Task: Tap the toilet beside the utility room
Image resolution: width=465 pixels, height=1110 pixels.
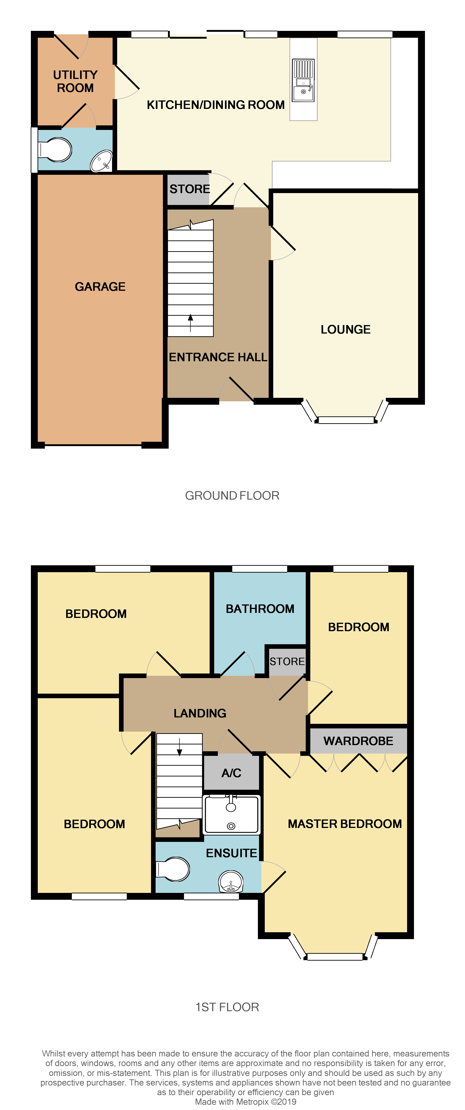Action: click(56, 150)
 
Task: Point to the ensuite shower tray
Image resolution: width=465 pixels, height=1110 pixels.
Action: click(231, 814)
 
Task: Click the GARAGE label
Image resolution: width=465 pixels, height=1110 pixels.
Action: click(100, 287)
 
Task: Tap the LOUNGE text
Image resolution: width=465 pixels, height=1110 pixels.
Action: click(345, 330)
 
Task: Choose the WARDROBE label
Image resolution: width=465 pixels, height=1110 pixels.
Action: click(358, 741)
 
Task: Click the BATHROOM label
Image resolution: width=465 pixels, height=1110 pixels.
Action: click(260, 609)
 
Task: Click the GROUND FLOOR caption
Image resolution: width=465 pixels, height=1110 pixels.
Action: click(232, 496)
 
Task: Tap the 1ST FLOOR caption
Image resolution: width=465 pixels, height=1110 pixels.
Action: click(227, 1007)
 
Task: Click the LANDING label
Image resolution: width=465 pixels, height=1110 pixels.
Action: click(200, 713)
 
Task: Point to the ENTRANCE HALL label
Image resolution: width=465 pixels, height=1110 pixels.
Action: click(218, 357)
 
